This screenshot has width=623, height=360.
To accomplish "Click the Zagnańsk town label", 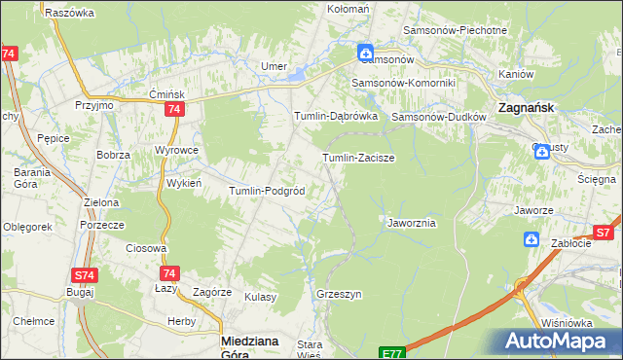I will coord(526,107).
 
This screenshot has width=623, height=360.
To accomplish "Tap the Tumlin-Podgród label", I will coord(267,191).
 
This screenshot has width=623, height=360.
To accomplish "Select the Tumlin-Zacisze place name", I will coord(357,157).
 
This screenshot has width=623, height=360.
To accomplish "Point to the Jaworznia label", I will coord(412,223).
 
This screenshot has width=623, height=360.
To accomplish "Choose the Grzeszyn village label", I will coord(339,293).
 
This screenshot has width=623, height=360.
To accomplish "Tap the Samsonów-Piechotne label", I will coord(462,30).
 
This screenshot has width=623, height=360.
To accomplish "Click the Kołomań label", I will coord(348,9).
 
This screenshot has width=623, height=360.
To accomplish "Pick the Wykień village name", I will coord(184,182).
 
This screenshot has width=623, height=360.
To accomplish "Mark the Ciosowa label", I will coord(147,248).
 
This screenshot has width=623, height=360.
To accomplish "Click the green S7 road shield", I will coord(604,233).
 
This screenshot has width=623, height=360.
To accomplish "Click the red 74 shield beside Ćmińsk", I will coord(173,111).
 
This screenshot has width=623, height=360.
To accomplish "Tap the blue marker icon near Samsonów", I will coord(364,53).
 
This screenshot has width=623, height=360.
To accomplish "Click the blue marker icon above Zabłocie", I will coord(531,238).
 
